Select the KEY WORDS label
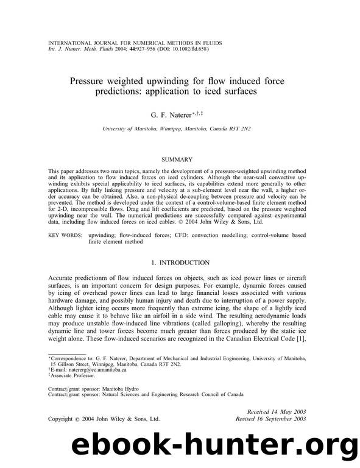point(64,233)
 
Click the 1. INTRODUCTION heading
point(180,263)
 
